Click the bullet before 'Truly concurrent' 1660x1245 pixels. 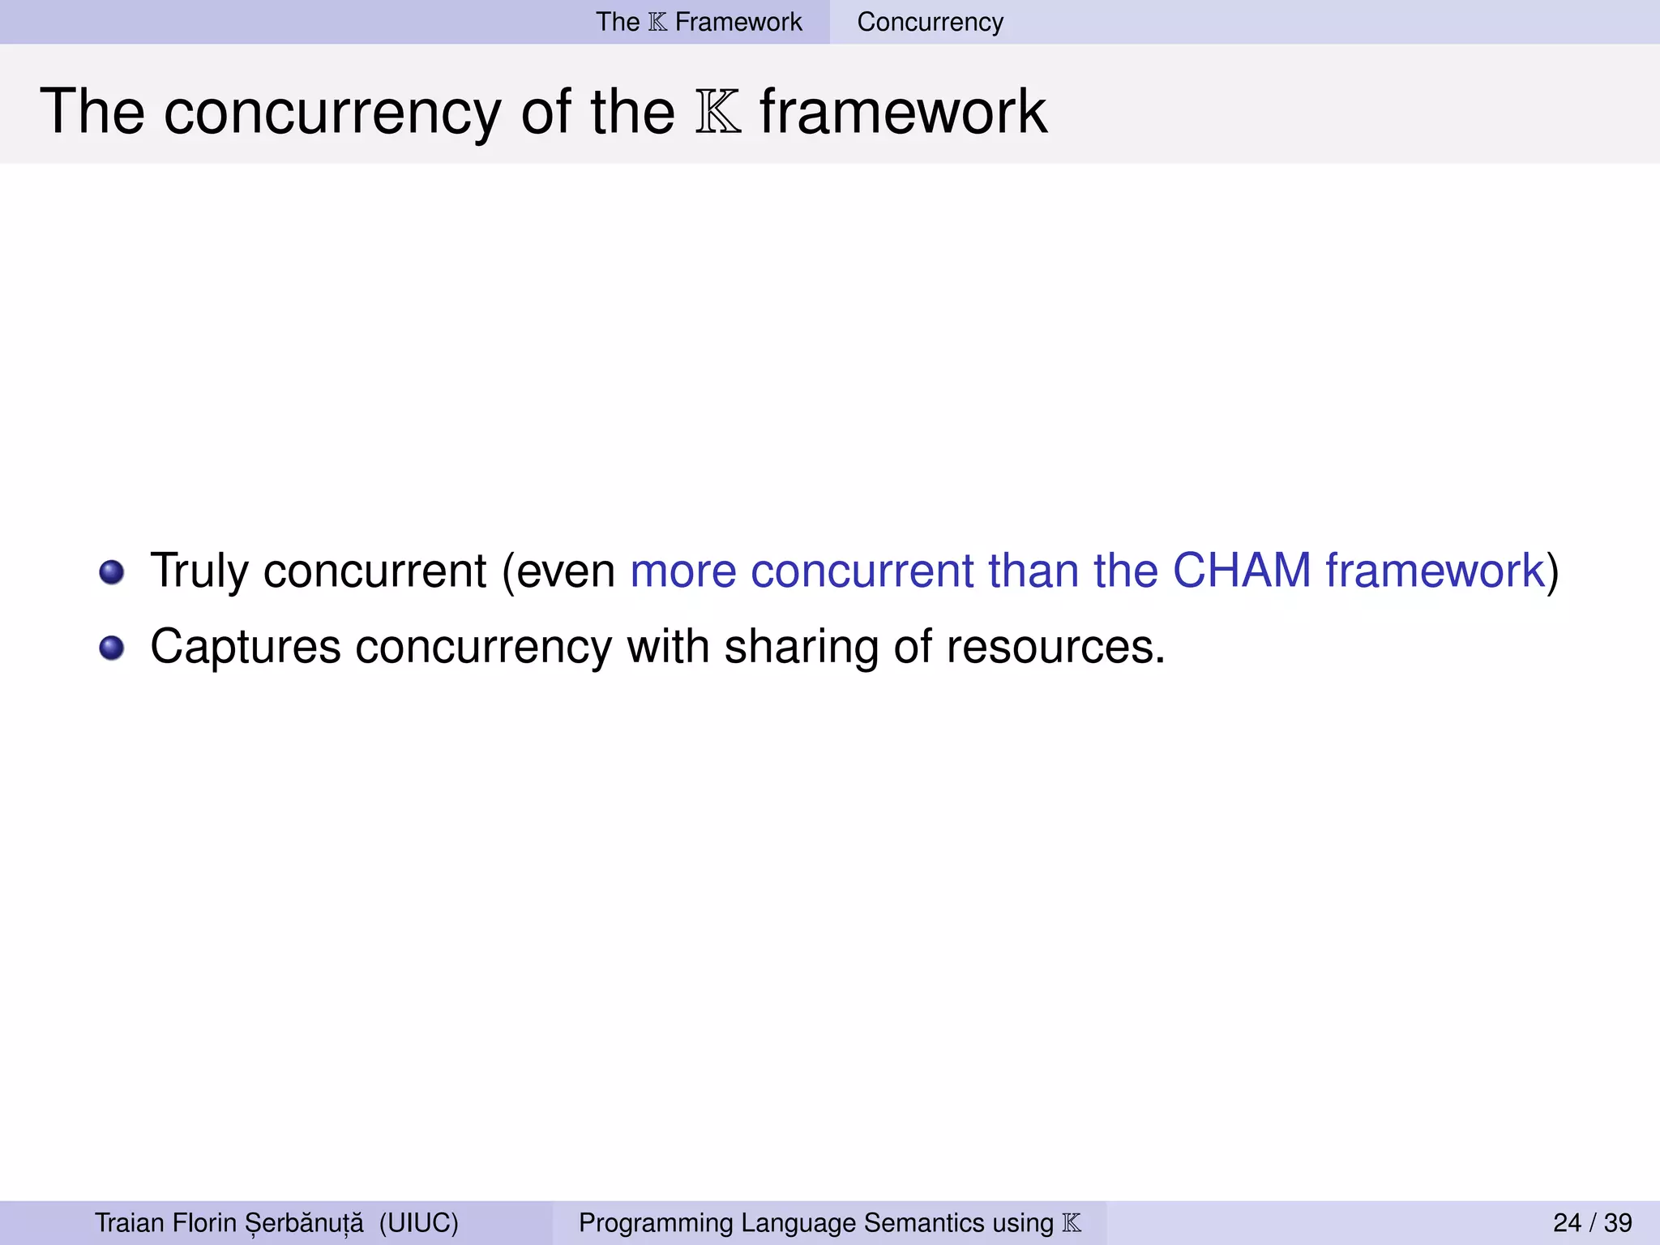pyautogui.click(x=112, y=572)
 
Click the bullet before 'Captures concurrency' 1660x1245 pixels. pyautogui.click(x=112, y=648)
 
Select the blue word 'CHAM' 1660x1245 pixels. pyautogui.click(x=1242, y=570)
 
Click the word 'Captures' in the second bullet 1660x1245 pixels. pyautogui.click(x=246, y=647)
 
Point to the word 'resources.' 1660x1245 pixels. pyautogui.click(x=1055, y=647)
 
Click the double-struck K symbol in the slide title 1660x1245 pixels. pyautogui.click(x=718, y=113)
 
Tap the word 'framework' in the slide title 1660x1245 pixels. pyautogui.click(x=903, y=111)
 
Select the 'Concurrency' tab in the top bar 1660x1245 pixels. pyautogui.click(x=930, y=22)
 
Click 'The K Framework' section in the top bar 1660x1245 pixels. pyautogui.click(x=699, y=22)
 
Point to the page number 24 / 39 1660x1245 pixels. pyautogui.click(x=1592, y=1222)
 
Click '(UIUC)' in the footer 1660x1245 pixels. pyautogui.click(x=418, y=1222)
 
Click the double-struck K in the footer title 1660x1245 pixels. pyautogui.click(x=1072, y=1222)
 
